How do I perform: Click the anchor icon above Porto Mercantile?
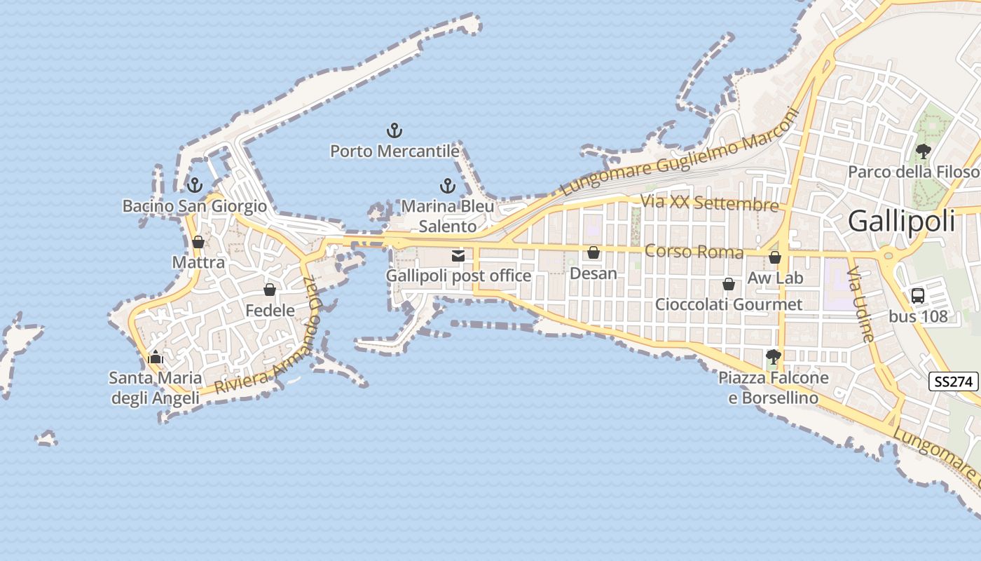click(x=395, y=130)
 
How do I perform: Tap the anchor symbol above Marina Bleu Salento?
click(x=447, y=186)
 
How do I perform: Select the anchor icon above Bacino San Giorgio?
click(x=195, y=185)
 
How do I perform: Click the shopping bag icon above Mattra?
click(x=198, y=242)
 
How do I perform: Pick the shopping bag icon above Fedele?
click(x=270, y=290)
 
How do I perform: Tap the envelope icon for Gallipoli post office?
click(x=458, y=256)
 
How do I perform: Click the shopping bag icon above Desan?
click(x=594, y=252)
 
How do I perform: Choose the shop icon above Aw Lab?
click(x=775, y=257)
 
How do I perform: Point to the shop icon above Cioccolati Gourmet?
click(x=729, y=284)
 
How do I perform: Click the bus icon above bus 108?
click(x=918, y=296)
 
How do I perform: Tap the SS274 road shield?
click(x=954, y=382)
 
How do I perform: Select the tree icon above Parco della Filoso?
click(x=924, y=151)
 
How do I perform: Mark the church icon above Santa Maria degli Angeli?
click(x=156, y=357)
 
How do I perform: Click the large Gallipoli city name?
click(x=901, y=221)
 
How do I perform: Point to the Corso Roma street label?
click(x=694, y=251)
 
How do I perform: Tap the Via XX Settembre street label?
click(x=709, y=203)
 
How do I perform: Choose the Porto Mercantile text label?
click(x=395, y=151)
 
